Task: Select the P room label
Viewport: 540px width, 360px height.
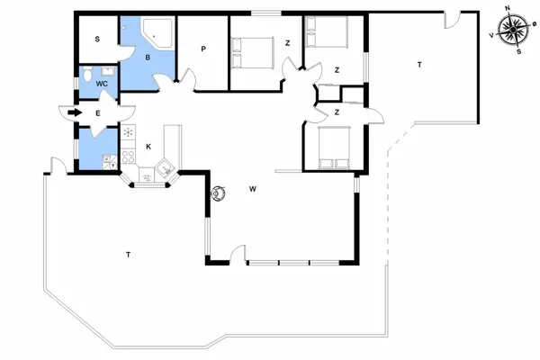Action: click(x=204, y=49)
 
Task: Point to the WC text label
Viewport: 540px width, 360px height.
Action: click(x=102, y=83)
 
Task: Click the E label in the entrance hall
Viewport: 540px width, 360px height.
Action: click(x=97, y=112)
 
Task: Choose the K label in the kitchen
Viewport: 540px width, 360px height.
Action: click(x=147, y=146)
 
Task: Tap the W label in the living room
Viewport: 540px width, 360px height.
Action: click(x=254, y=189)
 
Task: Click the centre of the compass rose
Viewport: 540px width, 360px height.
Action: click(x=514, y=29)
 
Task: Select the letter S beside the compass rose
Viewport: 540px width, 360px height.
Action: click(x=519, y=50)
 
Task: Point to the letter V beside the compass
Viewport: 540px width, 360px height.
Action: click(x=490, y=35)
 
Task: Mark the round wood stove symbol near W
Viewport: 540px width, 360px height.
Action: click(x=218, y=193)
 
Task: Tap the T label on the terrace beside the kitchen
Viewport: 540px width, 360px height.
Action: click(x=129, y=255)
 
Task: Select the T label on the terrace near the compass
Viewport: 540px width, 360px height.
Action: click(x=419, y=65)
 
